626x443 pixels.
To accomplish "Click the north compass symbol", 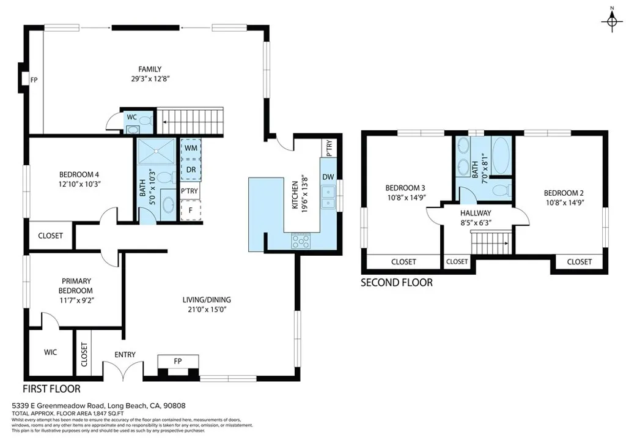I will point(611,22).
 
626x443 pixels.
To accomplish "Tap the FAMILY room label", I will point(150,69).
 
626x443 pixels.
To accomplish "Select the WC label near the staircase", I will point(131,117).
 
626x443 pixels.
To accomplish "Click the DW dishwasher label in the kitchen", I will point(328,177).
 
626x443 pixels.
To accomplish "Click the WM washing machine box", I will point(190,148).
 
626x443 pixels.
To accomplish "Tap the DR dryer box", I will point(190,169).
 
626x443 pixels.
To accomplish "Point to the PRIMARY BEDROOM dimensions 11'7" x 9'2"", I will point(76,300).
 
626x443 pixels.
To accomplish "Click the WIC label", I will point(50,352).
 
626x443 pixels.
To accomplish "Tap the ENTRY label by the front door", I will point(125,355).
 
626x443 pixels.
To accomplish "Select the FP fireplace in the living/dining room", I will point(178,361).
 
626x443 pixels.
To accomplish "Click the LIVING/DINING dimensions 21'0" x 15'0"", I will point(207,310).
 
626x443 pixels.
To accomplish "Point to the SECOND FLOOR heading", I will point(396,283).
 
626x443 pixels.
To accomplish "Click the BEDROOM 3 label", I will point(405,188).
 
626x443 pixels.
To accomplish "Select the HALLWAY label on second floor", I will point(476,213).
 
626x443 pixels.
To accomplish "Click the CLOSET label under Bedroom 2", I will point(579,262).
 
